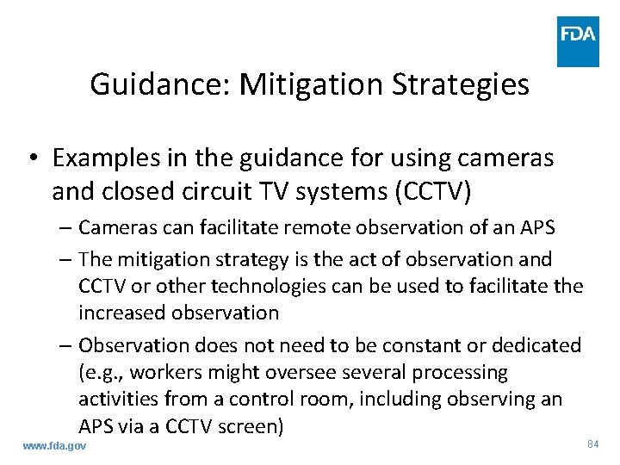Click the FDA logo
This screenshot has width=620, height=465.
pos(578,41)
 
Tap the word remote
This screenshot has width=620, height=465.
pos(290,227)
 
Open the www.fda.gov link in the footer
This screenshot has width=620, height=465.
pos(54,446)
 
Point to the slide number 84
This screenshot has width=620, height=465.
pos(592,443)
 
